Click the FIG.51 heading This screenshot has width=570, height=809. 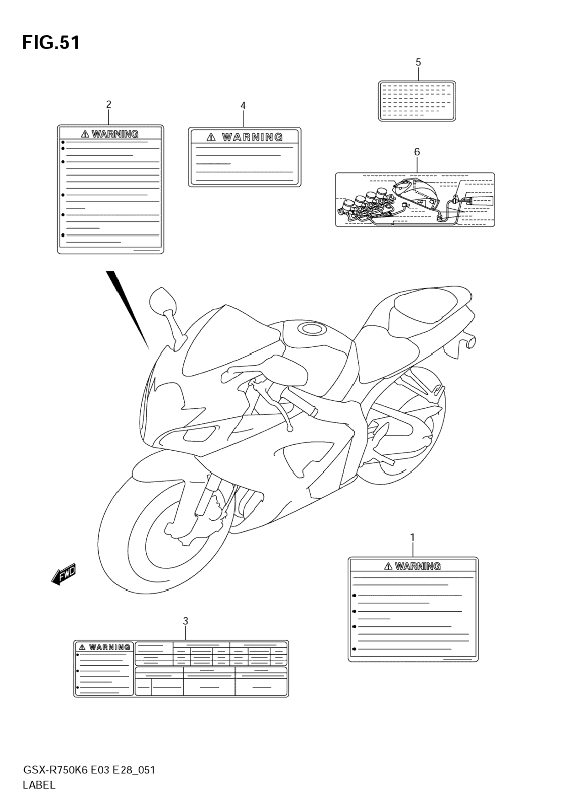coord(51,43)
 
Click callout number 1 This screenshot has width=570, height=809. coord(412,537)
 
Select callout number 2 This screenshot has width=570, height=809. coord(108,104)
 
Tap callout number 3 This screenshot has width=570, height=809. coord(185,621)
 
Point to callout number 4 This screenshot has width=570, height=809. coord(243,106)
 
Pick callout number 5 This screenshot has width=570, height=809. coord(418,62)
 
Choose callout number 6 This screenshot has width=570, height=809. coord(417,151)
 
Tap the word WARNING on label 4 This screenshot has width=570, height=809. coord(252,137)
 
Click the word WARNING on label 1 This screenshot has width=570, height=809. coord(418,566)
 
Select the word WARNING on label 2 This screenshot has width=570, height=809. coord(115,134)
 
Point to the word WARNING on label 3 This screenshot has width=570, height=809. coord(110,647)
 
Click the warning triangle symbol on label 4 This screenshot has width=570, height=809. coord(211,137)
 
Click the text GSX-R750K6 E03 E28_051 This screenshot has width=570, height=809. coord(89,770)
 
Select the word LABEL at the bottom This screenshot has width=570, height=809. coord(39,785)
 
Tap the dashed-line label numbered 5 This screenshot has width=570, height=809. coord(417,101)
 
